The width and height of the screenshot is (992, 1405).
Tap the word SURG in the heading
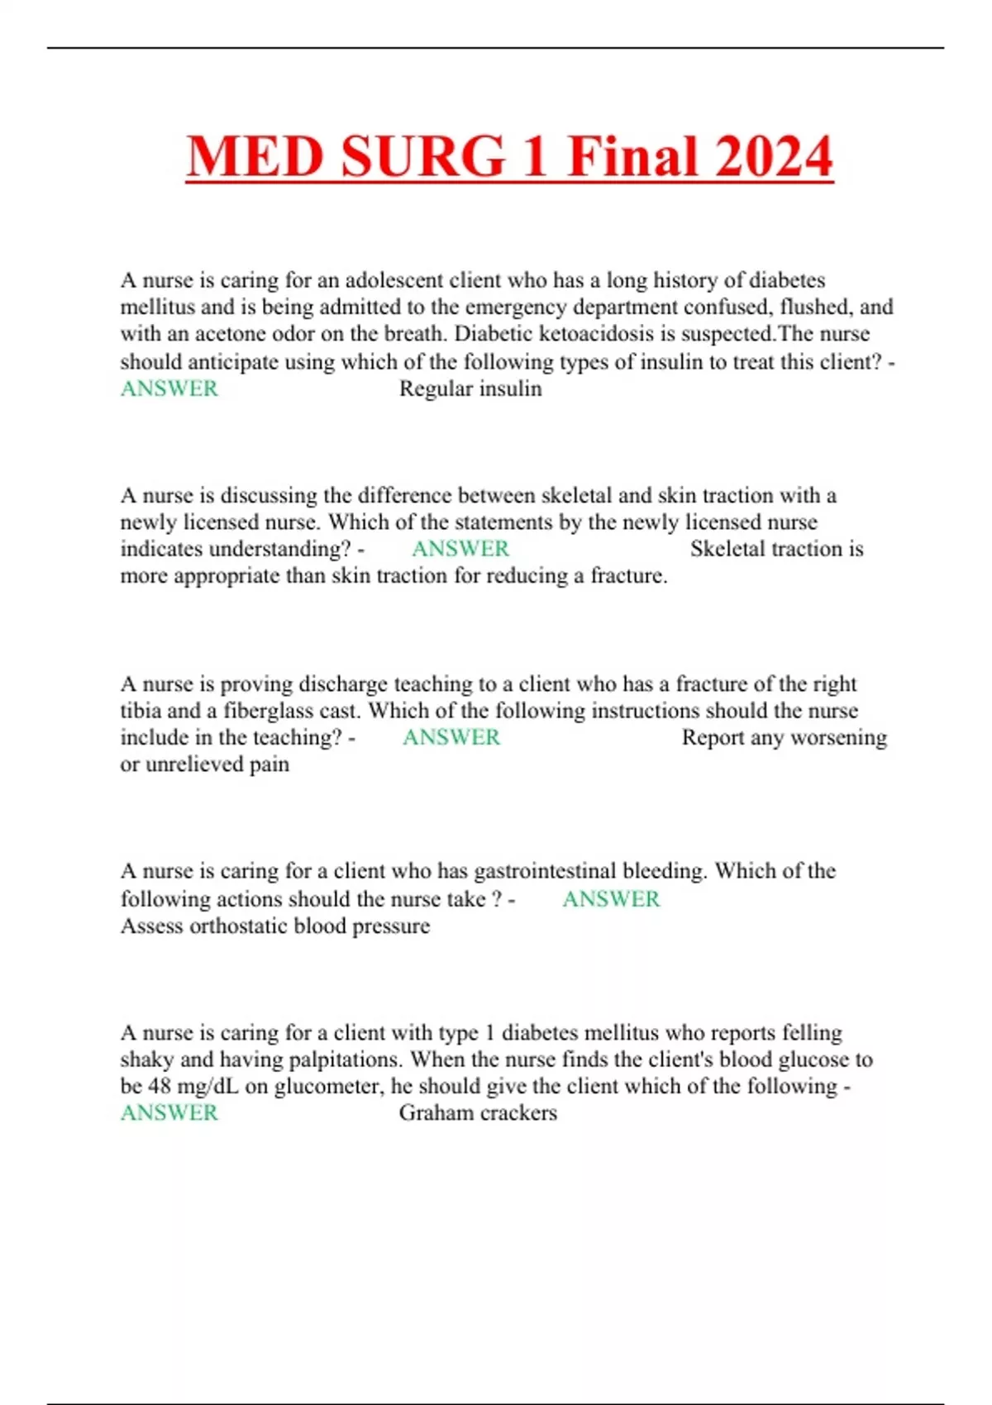422,156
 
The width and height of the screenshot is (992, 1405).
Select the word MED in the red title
255,156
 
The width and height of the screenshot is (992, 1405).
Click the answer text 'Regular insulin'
470,388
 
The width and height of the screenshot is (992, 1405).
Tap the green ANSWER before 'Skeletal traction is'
460,549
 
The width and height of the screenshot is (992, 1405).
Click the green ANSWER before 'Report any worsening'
451,737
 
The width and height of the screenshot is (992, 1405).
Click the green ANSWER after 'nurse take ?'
611,898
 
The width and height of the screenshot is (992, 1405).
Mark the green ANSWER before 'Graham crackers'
169,1112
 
